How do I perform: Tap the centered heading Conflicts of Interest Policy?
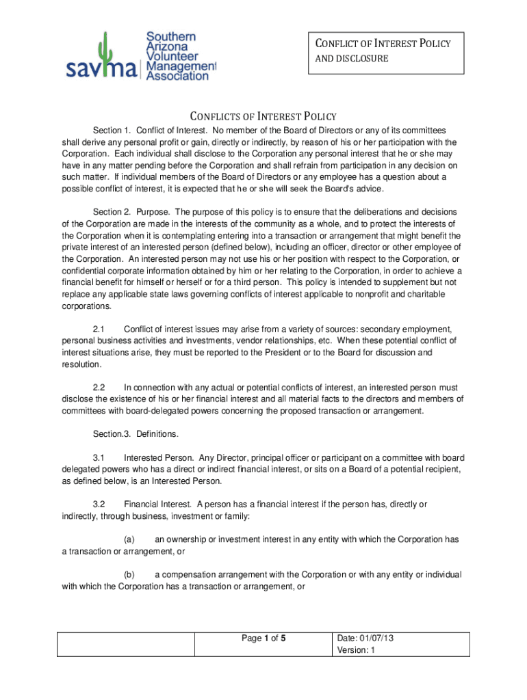click(x=263, y=116)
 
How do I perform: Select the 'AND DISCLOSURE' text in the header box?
click(x=351, y=59)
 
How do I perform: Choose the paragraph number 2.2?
click(x=98, y=387)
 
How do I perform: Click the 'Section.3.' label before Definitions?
click(x=112, y=434)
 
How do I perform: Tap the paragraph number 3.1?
click(x=98, y=457)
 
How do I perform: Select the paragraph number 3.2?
click(x=98, y=504)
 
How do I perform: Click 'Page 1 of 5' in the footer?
click(x=263, y=639)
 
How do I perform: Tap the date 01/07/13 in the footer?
click(x=377, y=638)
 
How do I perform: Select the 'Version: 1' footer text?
click(x=357, y=651)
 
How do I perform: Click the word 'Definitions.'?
click(x=157, y=434)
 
